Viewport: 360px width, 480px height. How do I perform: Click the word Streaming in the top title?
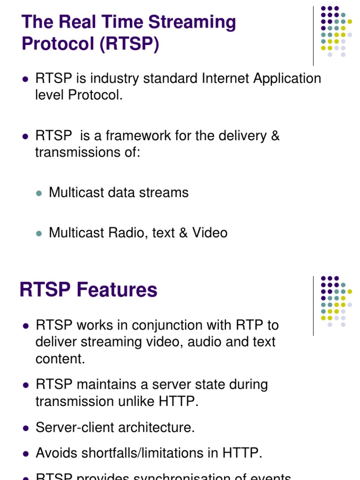tap(193, 22)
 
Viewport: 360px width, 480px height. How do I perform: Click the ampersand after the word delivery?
tap(275, 136)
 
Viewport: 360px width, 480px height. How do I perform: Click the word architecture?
tap(162, 427)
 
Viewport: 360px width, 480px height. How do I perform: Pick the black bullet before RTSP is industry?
tap(26, 79)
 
